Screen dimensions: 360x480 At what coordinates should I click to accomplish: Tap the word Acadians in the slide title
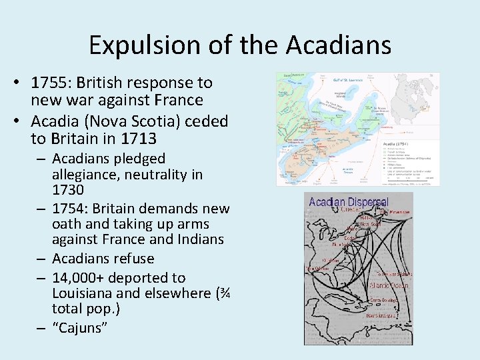tap(339, 45)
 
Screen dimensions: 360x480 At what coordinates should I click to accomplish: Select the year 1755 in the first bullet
tap(51, 83)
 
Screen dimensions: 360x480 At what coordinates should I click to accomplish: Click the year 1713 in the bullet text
tap(139, 139)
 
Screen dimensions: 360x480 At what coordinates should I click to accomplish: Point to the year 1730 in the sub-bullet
tap(68, 191)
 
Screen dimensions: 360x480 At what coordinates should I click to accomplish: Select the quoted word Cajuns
tap(79, 327)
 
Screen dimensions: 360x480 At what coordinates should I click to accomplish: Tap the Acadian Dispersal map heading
tap(349, 202)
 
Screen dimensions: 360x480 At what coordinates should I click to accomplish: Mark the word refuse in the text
tap(132, 259)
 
